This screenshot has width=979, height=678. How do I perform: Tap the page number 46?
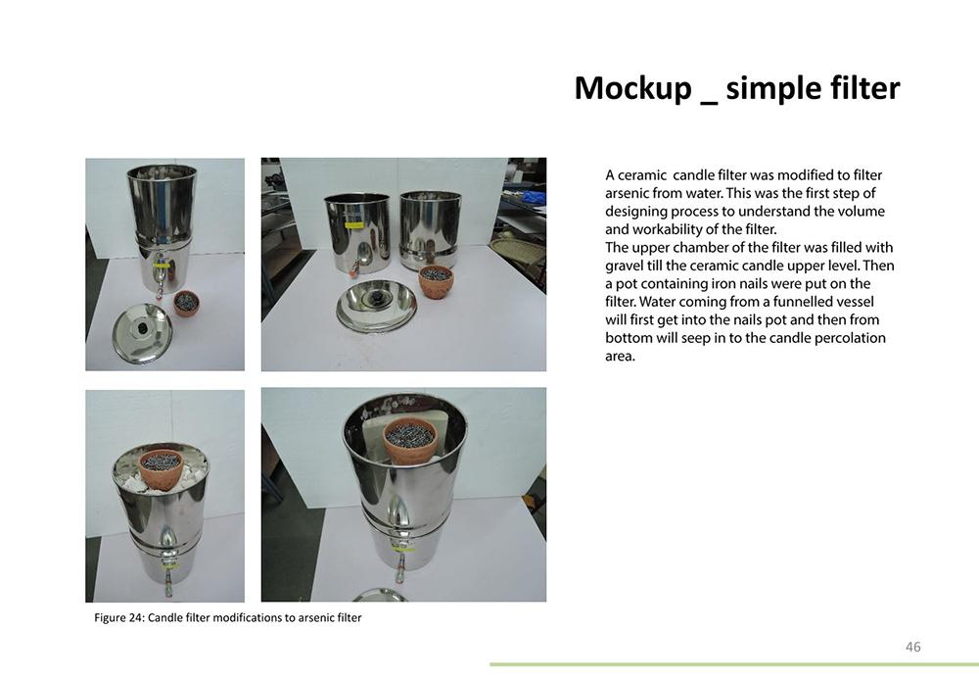(x=912, y=647)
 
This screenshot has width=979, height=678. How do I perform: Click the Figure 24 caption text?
(x=228, y=617)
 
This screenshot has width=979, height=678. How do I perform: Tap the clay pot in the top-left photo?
(x=187, y=303)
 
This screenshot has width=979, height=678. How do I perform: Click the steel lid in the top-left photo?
(x=142, y=332)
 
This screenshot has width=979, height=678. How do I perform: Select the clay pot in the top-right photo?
(x=436, y=282)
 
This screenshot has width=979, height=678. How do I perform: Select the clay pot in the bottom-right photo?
(x=409, y=441)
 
